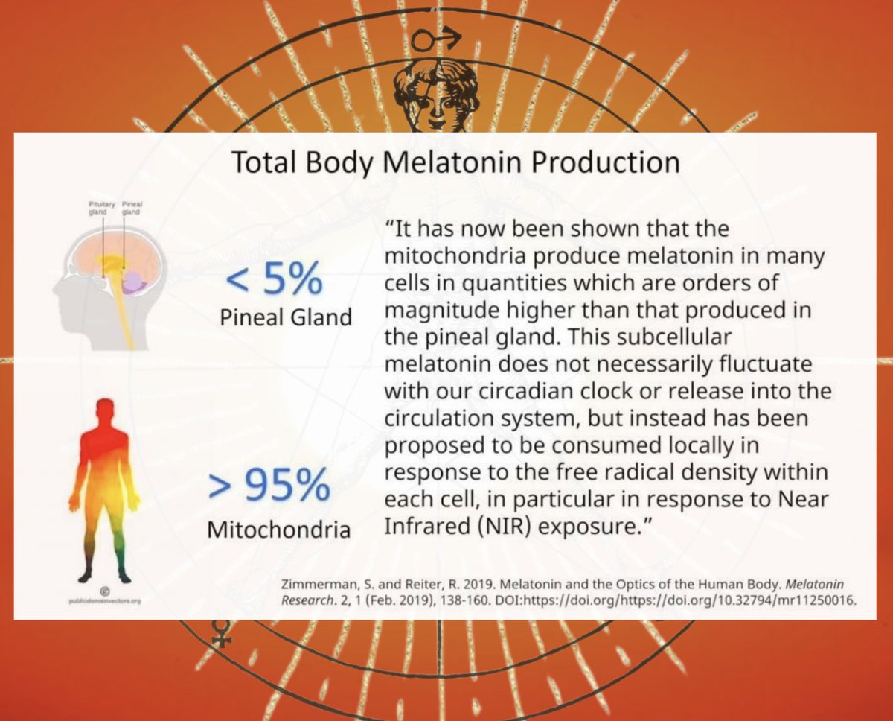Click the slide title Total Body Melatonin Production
[455, 162]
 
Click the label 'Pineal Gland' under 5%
[286, 318]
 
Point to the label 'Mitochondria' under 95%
[278, 530]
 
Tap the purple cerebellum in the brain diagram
[134, 282]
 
